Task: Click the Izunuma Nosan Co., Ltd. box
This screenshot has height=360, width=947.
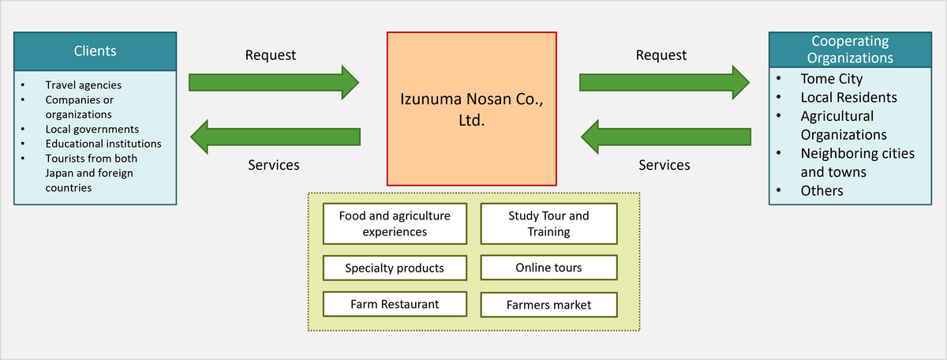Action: click(x=471, y=108)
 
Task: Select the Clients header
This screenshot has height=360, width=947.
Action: click(x=95, y=51)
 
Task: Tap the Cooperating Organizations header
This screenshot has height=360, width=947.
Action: click(x=850, y=49)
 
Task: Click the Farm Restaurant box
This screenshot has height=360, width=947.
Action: click(x=395, y=303)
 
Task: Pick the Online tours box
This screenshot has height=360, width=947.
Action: click(x=548, y=268)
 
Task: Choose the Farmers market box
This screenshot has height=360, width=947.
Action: click(x=548, y=305)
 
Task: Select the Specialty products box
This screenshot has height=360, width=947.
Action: click(x=395, y=268)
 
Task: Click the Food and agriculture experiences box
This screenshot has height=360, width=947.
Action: click(x=395, y=223)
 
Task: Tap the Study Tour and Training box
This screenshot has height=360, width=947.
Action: click(x=548, y=223)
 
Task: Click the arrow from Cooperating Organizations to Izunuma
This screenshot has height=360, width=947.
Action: click(x=666, y=137)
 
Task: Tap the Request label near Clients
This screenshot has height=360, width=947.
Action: click(x=271, y=55)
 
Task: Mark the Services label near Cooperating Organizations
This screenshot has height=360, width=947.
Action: click(x=664, y=165)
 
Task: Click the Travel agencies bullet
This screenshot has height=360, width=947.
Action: click(x=83, y=85)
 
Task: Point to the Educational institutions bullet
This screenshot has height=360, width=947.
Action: click(x=103, y=144)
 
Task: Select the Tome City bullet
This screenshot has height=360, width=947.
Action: click(x=831, y=79)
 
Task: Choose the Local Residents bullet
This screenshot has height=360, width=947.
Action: click(x=848, y=98)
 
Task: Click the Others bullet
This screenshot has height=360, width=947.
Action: click(x=822, y=190)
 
